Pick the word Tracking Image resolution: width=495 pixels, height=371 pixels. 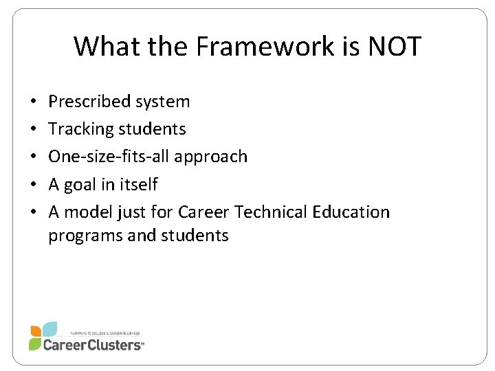pos(80,129)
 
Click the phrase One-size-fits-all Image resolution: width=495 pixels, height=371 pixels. pos(109,157)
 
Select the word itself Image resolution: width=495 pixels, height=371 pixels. pos(137,184)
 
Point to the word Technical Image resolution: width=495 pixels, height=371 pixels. pos(267,212)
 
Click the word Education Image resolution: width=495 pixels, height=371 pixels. pos(351,212)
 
